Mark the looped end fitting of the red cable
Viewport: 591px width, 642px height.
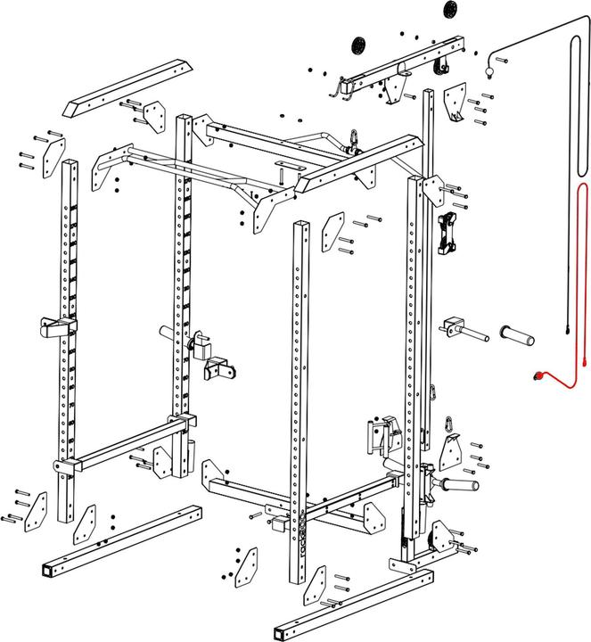click(539, 377)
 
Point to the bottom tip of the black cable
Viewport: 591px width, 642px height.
click(567, 333)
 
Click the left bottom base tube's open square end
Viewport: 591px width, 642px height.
click(47, 570)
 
